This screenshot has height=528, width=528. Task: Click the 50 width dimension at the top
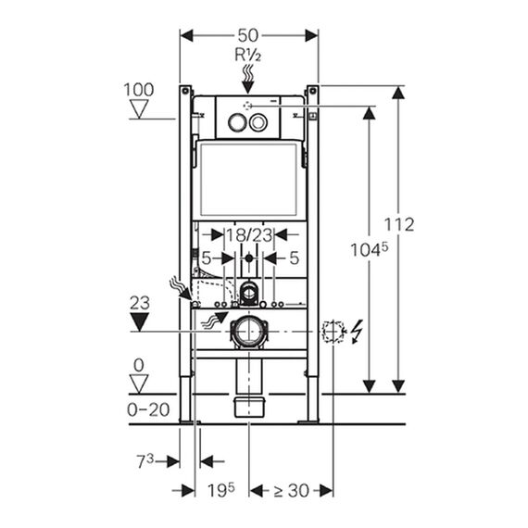[x=248, y=35]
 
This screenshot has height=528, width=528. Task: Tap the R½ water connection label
[x=248, y=55]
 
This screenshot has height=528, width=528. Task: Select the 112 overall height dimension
[x=399, y=224]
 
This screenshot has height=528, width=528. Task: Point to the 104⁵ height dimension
[x=370, y=249]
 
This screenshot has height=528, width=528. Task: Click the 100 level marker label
[x=139, y=90]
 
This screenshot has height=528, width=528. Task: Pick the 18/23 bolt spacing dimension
[x=249, y=234]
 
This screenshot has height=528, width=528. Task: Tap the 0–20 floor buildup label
[x=148, y=409]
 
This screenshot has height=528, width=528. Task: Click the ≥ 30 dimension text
[x=291, y=491]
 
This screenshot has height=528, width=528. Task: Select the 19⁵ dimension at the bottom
[x=220, y=490]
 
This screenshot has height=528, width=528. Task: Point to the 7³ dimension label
[x=145, y=460]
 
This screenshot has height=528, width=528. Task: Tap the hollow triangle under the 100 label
[x=139, y=108]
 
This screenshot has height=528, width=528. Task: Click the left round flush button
[x=237, y=122]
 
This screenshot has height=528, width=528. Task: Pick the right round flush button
[x=258, y=122]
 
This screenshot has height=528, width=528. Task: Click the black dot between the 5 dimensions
[x=249, y=258]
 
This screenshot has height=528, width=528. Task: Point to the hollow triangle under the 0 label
[x=139, y=383]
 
